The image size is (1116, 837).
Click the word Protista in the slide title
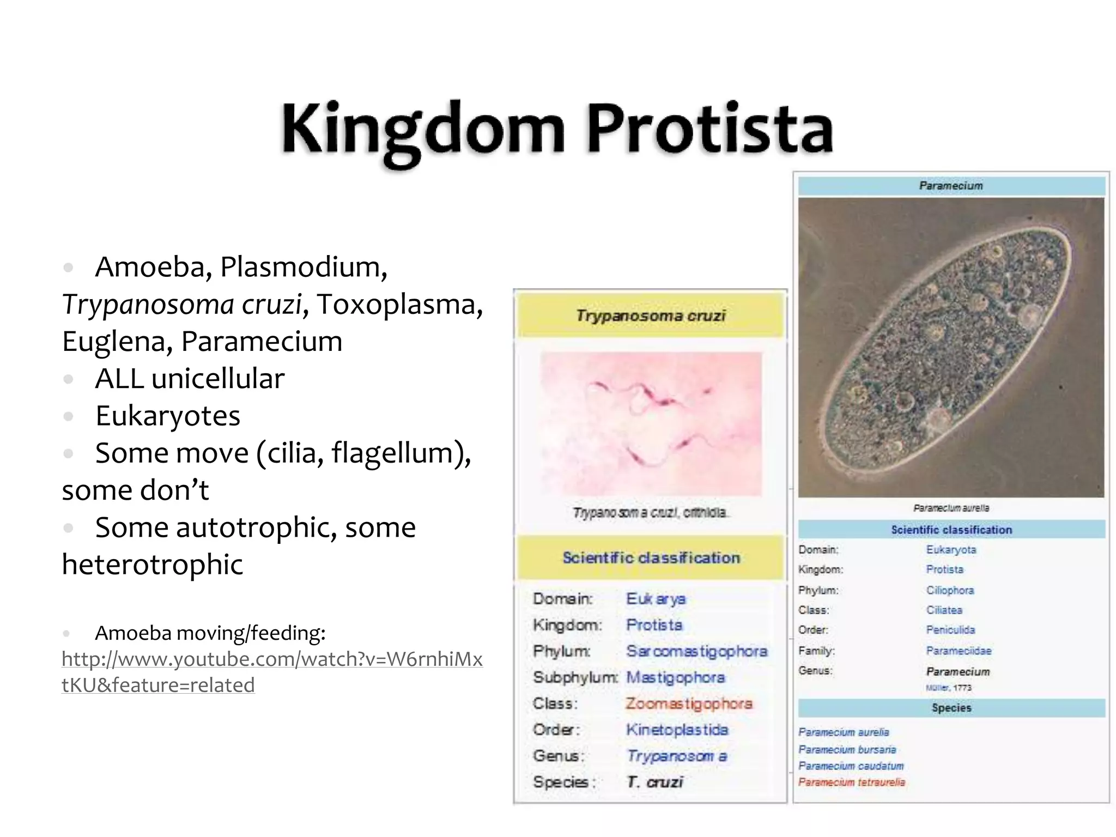[709, 130]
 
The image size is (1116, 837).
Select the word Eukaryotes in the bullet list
[167, 416]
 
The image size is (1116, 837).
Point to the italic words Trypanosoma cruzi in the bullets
[181, 304]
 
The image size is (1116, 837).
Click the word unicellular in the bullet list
[217, 379]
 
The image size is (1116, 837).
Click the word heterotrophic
[152, 565]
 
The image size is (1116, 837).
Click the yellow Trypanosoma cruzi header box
[650, 316]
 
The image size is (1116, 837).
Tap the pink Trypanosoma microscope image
[651, 424]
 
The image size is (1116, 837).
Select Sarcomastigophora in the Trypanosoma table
[696, 651]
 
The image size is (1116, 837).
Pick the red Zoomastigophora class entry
[689, 703]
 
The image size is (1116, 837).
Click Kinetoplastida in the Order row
[677, 730]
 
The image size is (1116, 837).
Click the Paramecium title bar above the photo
[951, 186]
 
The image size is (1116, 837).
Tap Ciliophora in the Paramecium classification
[950, 590]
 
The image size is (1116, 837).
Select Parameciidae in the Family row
[959, 651]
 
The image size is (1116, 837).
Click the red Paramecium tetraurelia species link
[851, 783]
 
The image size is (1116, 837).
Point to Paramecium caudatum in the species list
[851, 766]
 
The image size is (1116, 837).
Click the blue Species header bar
[951, 708]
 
